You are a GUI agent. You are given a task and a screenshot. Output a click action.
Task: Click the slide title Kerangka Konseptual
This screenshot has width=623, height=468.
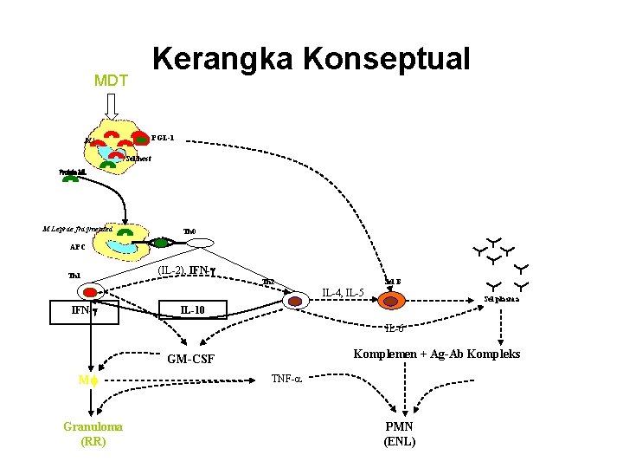(311, 59)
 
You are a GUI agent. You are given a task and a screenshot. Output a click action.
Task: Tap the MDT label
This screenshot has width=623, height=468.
(111, 81)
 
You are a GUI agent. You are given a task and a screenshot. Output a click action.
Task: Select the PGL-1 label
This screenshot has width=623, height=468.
(163, 138)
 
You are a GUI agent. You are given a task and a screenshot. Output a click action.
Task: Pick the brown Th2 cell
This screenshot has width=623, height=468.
(296, 302)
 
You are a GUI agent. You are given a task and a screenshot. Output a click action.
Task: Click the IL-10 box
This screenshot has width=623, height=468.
(192, 309)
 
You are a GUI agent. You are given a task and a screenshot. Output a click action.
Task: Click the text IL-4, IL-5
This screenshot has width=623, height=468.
(343, 291)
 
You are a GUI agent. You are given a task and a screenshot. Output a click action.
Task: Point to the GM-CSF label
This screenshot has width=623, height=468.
(191, 359)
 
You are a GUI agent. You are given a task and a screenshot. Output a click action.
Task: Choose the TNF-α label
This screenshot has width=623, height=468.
(286, 379)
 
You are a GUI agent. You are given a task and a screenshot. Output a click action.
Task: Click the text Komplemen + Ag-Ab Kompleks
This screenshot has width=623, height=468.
(437, 354)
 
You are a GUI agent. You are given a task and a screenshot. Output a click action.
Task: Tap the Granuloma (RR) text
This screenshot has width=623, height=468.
(93, 433)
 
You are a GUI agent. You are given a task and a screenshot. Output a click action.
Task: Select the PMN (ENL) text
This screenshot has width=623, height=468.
(399, 433)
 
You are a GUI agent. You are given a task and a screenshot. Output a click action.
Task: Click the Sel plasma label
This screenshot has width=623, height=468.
(500, 300)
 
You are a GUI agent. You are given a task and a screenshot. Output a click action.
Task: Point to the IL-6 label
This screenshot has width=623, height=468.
(394, 328)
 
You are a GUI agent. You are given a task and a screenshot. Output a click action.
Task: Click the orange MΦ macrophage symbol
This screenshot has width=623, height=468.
(85, 380)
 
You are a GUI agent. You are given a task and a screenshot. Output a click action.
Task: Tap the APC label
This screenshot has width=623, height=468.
(77, 245)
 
